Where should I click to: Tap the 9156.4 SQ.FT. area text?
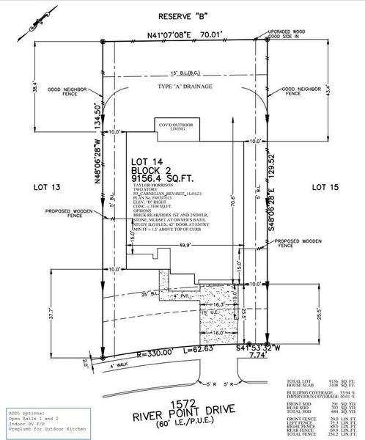click(x=161, y=177)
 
